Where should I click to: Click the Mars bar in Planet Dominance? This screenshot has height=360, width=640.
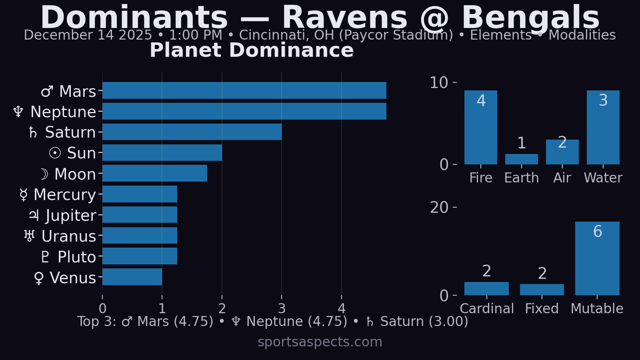tap(244, 90)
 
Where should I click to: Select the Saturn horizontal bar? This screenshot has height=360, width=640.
tap(192, 132)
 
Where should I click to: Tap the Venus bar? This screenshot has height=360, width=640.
tap(132, 277)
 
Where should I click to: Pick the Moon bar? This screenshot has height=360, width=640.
tap(155, 173)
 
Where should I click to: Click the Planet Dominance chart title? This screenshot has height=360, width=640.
tap(252, 50)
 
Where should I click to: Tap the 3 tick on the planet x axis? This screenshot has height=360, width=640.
tap(282, 308)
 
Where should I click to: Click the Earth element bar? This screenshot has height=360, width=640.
tap(521, 159)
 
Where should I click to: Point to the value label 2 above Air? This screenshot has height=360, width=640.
tap(562, 142)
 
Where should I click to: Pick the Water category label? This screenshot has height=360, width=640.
tap(603, 178)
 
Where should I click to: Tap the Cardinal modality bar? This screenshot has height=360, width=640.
tap(486, 288)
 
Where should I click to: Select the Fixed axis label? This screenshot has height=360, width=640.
tap(542, 309)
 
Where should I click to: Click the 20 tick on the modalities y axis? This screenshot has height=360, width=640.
tap(439, 208)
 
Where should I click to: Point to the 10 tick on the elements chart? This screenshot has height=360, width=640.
tap(439, 83)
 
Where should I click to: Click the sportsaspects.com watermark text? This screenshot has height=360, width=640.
tap(320, 342)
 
